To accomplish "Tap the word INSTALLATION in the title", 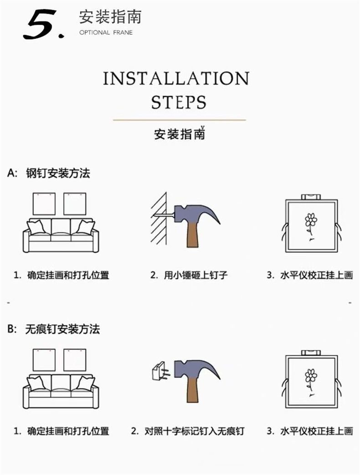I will [x=176, y=78].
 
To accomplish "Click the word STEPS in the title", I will [x=178, y=102].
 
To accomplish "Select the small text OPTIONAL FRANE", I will [x=106, y=33].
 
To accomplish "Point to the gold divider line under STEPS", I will [x=179, y=120].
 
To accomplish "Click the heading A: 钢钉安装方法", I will [x=49, y=174].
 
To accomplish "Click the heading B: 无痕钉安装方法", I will [x=53, y=329].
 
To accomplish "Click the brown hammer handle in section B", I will [x=192, y=388].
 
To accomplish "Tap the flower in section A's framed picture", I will [x=311, y=222].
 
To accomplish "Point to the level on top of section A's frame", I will [x=311, y=197].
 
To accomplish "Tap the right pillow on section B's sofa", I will [x=85, y=382].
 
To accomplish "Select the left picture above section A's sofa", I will [x=44, y=204].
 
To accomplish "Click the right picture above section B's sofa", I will [x=75, y=360].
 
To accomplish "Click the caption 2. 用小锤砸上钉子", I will [x=189, y=275].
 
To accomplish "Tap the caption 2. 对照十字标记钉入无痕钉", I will [x=187, y=431].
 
